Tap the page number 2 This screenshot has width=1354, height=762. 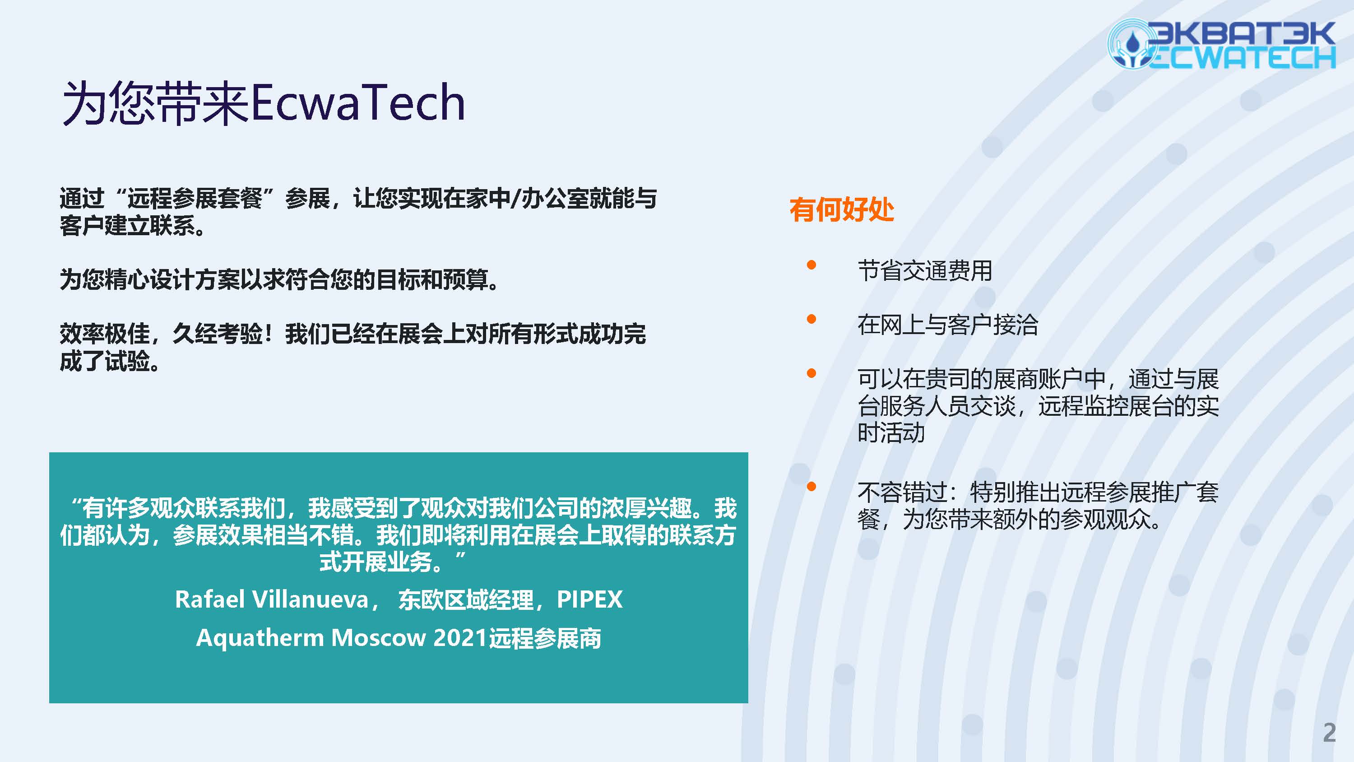pos(1329,733)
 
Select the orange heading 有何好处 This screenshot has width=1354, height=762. pos(842,209)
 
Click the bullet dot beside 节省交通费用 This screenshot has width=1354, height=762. pos(811,265)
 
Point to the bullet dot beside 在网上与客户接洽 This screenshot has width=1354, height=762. pos(811,319)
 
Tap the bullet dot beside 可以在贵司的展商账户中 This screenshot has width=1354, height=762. pos(811,373)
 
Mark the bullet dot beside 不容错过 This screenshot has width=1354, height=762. pos(811,487)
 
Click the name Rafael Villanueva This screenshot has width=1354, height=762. pos(272,599)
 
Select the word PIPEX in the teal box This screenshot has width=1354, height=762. pos(590,599)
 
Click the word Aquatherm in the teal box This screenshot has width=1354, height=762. pos(260,638)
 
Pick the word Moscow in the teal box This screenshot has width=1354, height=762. pos(379,638)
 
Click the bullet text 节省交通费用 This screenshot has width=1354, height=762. pos(925,271)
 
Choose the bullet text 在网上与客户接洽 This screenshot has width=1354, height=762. pos(948,325)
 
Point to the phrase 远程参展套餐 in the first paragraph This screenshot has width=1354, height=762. pos(195,198)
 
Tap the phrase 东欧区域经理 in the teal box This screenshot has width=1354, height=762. pos(466,599)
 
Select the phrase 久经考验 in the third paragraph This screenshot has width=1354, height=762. pos(218,334)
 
